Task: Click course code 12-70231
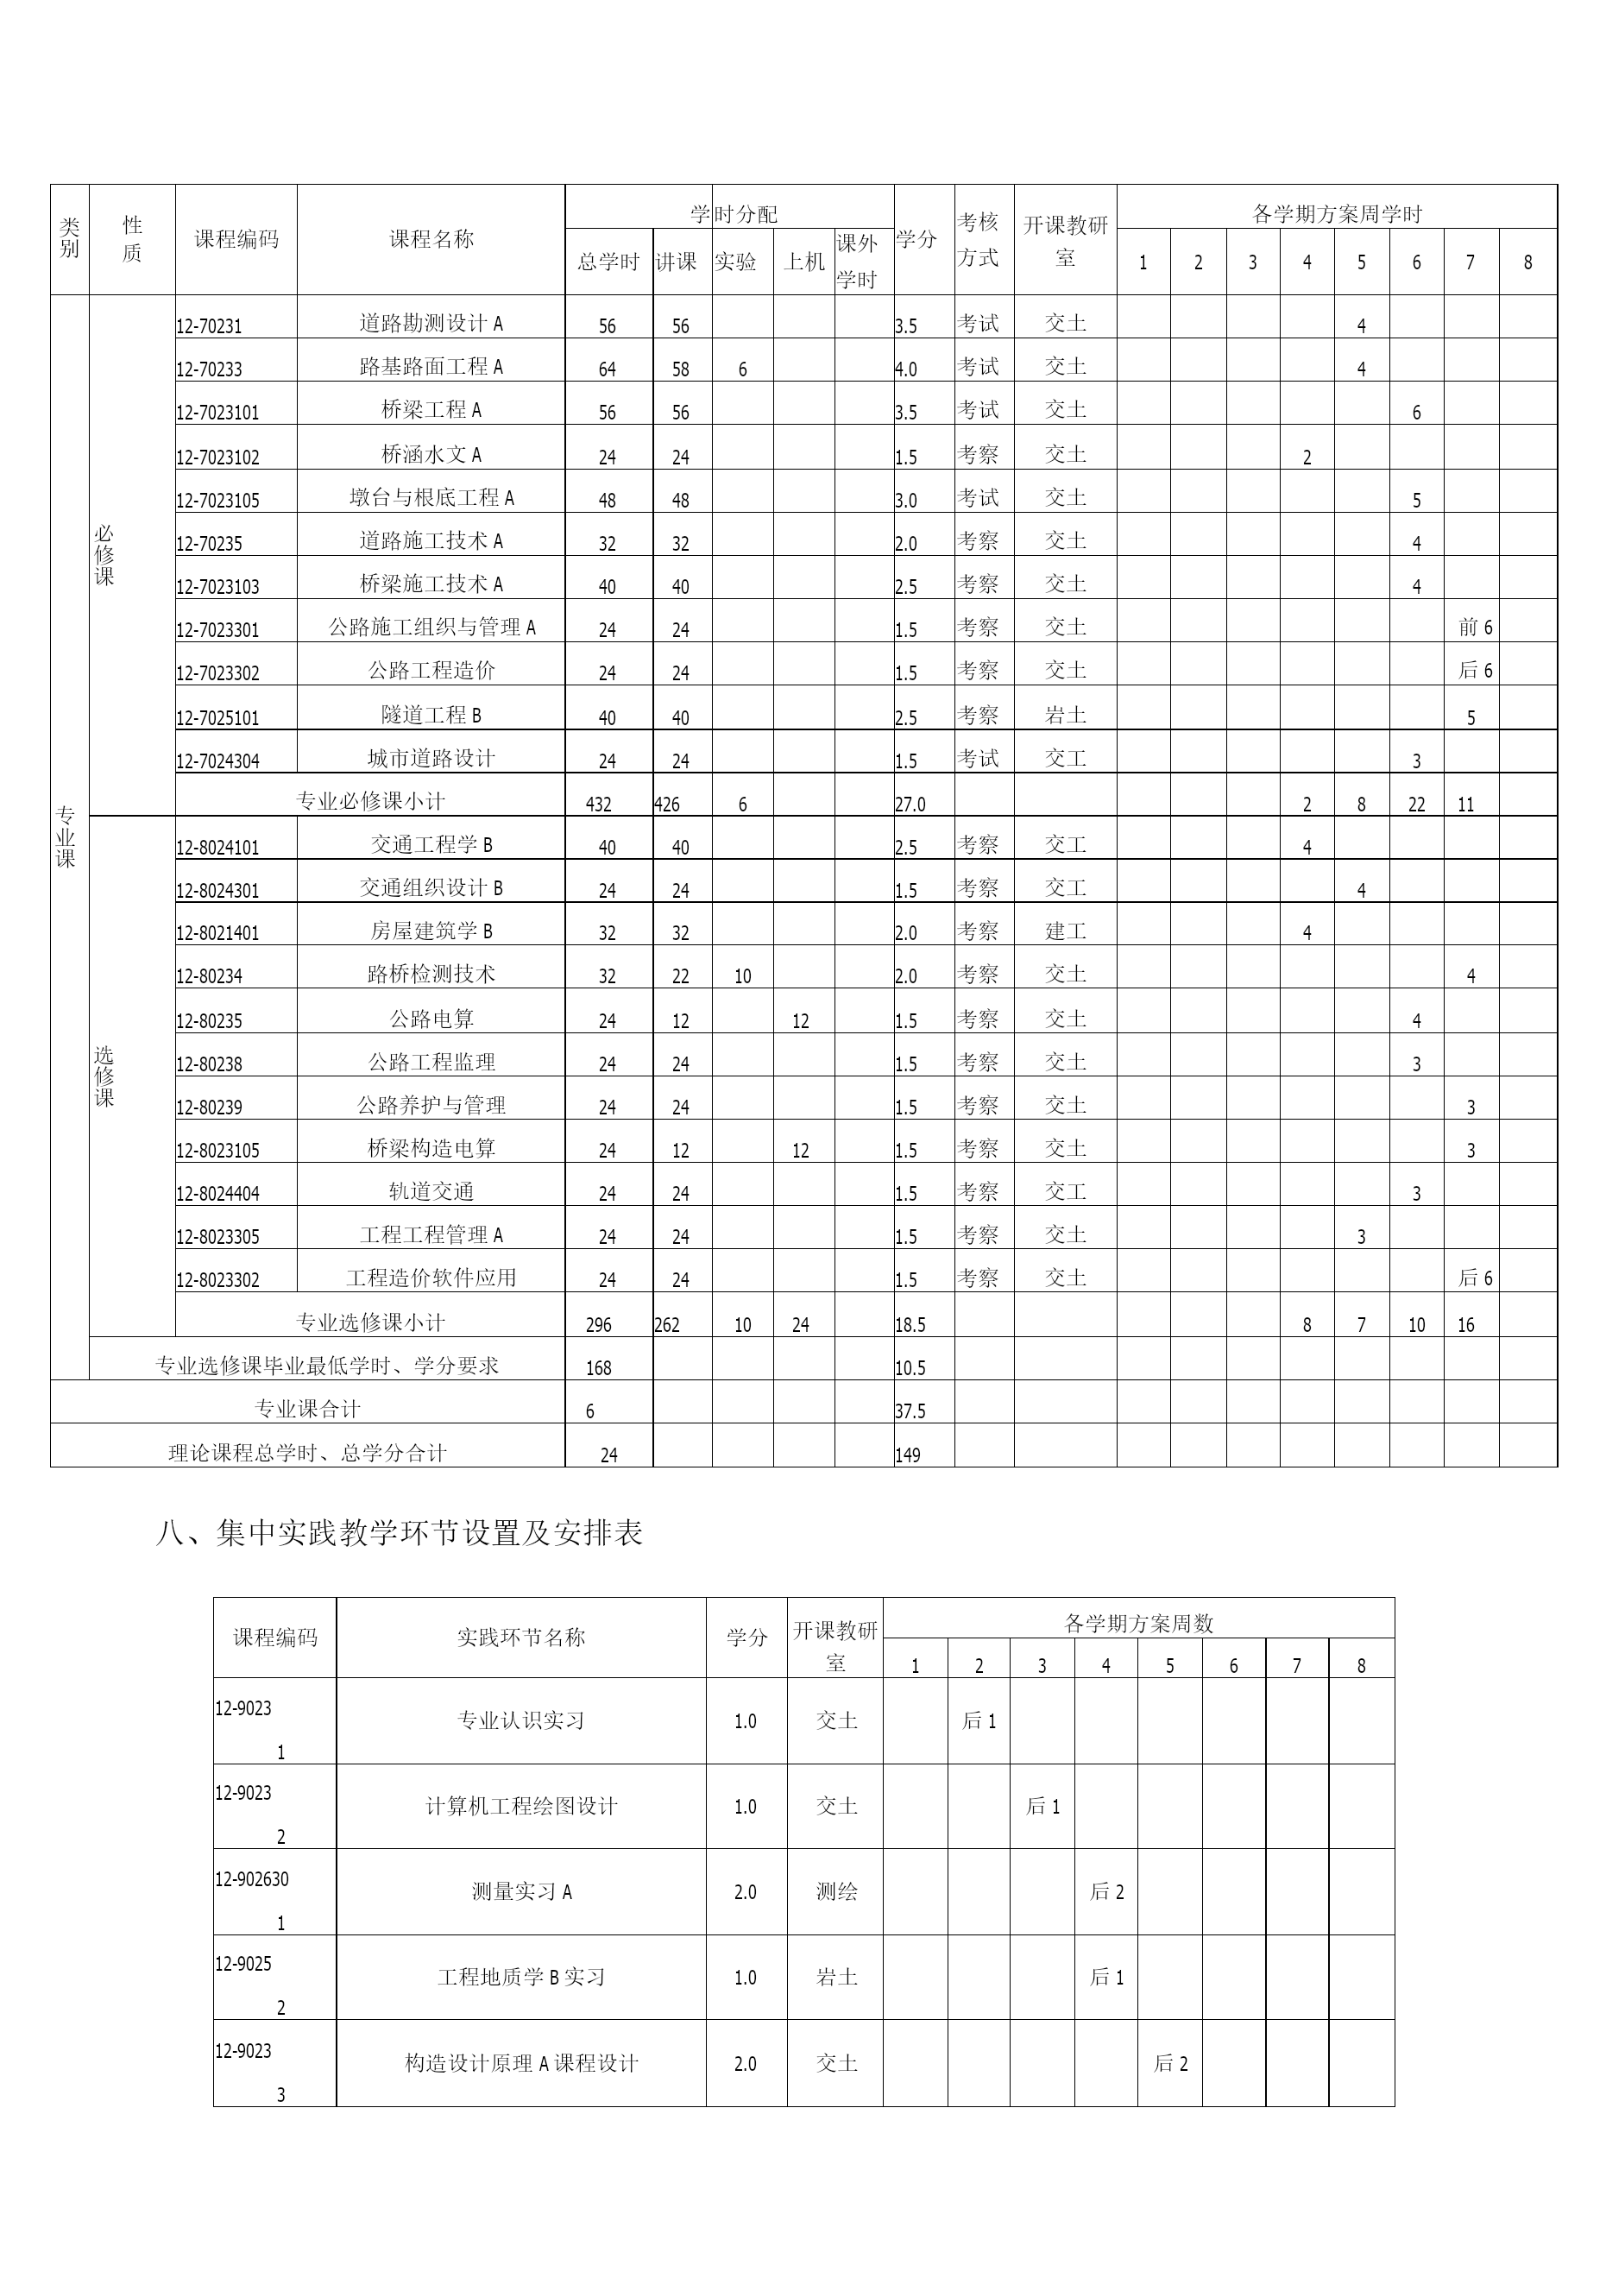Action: click(x=210, y=325)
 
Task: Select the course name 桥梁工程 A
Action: click(x=431, y=410)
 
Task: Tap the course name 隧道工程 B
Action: click(x=431, y=716)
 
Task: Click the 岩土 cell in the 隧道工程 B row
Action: click(x=1065, y=716)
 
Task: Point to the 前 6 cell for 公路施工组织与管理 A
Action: click(x=1474, y=628)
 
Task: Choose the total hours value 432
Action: click(x=599, y=805)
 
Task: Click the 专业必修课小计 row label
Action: click(x=370, y=800)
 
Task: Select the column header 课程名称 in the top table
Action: click(x=431, y=238)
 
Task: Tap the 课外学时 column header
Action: click(x=857, y=262)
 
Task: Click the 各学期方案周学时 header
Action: click(x=1337, y=214)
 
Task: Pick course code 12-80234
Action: click(x=210, y=975)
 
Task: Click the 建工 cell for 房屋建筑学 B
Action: click(x=1065, y=931)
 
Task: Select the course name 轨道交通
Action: click(x=431, y=1191)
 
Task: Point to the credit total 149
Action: click(x=909, y=1455)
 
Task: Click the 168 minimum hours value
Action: click(x=599, y=1368)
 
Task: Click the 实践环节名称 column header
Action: click(x=520, y=1638)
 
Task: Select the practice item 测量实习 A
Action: click(x=520, y=1892)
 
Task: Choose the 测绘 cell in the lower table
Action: click(x=836, y=1892)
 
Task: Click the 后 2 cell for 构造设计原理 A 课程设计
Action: click(x=1170, y=2063)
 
